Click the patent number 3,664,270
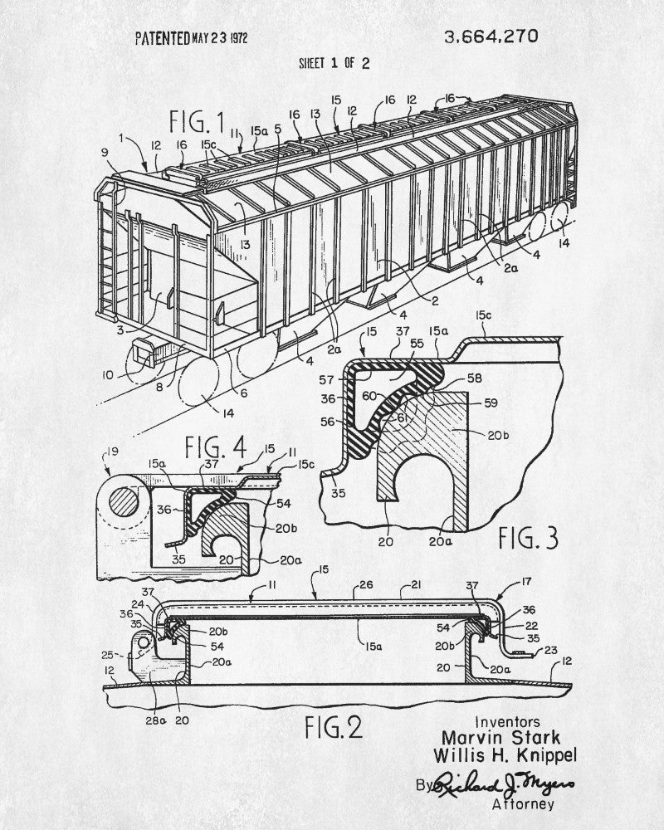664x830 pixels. tap(491, 37)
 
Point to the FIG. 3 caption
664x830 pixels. tap(529, 539)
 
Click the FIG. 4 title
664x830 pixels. tap(216, 447)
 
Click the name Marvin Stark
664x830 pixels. tap(501, 737)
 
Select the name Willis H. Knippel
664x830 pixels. tap(505, 755)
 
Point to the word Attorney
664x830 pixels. tap(523, 804)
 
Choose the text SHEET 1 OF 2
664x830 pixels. tap(334, 64)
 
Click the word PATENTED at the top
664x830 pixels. tap(163, 38)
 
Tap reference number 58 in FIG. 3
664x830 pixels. tap(475, 378)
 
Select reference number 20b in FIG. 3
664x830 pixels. tap(498, 435)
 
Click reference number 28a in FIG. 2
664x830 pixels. tap(156, 720)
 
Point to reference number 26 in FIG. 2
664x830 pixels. tap(366, 584)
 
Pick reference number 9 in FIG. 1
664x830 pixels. tap(105, 153)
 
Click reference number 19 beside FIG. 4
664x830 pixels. tap(112, 452)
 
